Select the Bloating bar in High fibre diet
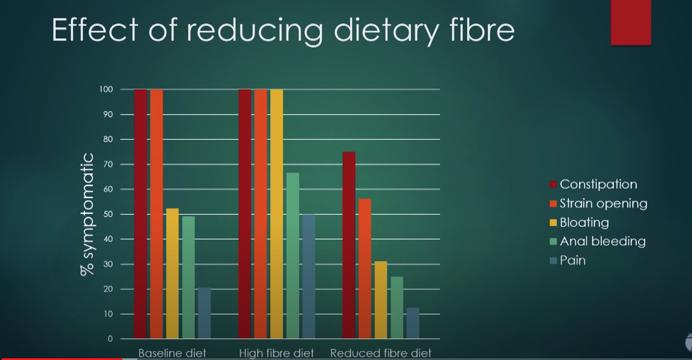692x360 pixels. click(x=277, y=214)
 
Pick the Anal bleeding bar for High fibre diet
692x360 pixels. click(x=292, y=255)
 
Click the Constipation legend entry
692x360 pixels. click(x=598, y=184)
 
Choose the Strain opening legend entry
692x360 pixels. click(x=603, y=204)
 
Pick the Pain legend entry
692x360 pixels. click(x=572, y=260)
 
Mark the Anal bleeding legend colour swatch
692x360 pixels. click(x=553, y=242)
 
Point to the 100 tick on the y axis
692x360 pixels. click(x=107, y=89)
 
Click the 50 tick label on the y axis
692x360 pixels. click(x=108, y=214)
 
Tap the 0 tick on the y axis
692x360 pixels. click(x=110, y=339)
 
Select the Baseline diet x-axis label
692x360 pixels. click(x=172, y=353)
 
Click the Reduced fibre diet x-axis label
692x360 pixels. click(x=381, y=353)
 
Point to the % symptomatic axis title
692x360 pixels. click(x=88, y=214)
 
